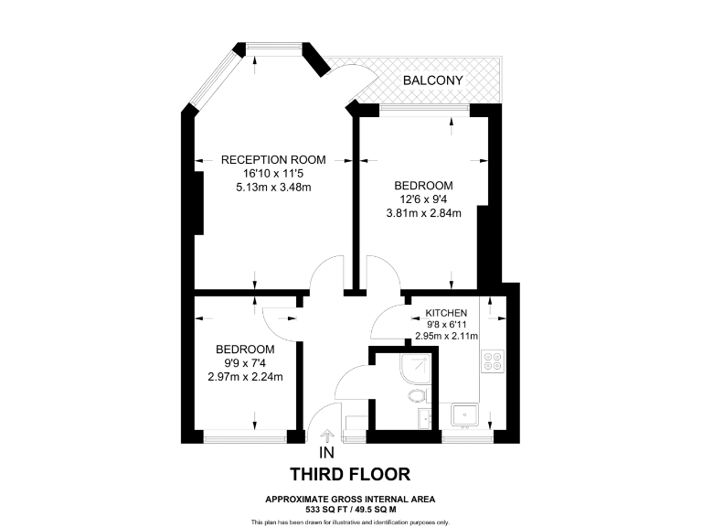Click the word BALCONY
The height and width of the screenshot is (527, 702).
point(433,81)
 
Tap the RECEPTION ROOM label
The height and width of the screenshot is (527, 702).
point(273,159)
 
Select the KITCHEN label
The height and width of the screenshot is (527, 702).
point(447,312)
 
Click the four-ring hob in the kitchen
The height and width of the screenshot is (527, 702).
point(495,362)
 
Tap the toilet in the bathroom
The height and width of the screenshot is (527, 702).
point(417,396)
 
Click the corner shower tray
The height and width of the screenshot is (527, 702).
point(417,366)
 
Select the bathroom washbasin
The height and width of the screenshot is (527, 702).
point(424,418)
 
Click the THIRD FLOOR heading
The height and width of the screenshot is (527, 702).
point(350,474)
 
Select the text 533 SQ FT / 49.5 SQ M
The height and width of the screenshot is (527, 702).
point(350,508)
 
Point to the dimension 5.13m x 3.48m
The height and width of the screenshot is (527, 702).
point(273,188)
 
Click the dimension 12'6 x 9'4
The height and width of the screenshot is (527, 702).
point(423,199)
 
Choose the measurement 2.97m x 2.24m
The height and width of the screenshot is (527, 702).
point(245,377)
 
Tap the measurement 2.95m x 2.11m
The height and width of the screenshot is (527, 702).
point(447,336)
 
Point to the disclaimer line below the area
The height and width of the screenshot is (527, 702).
point(350,522)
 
